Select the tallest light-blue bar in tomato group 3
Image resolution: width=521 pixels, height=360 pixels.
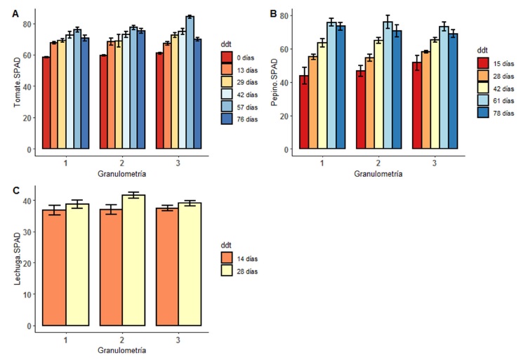190,82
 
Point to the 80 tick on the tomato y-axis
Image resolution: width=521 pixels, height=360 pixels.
28,24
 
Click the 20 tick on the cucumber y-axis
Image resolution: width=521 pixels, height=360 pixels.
284,116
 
